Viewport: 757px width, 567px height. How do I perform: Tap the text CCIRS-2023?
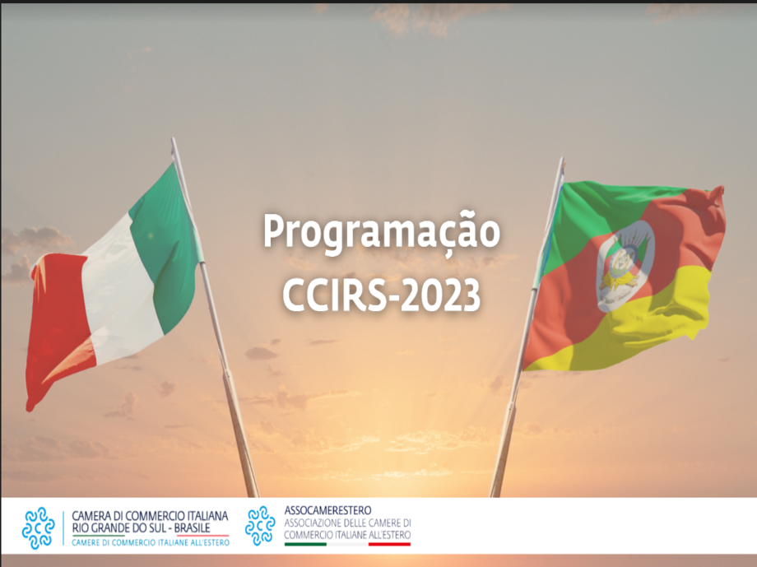[382, 294]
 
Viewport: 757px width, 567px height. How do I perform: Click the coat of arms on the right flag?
[625, 265]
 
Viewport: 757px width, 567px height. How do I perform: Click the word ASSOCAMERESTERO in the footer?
[327, 510]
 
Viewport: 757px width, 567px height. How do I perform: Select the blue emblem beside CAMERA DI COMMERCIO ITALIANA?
[38, 527]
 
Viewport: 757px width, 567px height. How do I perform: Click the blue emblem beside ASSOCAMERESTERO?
[260, 526]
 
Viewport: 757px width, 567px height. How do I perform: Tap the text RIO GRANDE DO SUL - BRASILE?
[141, 527]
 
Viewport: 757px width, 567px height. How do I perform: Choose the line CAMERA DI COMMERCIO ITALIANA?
[150, 516]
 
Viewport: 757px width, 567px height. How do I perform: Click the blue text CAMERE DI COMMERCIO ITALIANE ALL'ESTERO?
[151, 543]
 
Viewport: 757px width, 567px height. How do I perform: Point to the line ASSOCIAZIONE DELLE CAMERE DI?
[347, 523]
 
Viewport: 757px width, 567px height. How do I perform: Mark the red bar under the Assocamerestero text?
[389, 544]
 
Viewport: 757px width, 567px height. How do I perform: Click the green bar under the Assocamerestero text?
[305, 544]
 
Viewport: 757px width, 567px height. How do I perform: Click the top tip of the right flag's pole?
[562, 158]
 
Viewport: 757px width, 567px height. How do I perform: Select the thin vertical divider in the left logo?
[63, 528]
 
